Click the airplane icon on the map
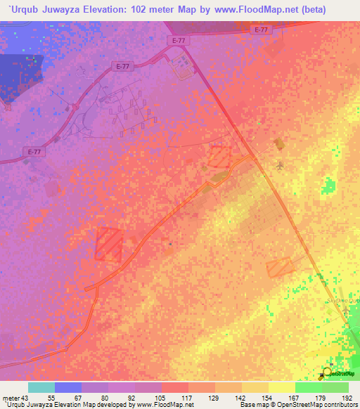pyautogui.click(x=281, y=166)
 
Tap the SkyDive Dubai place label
pyautogui.click(x=342, y=301)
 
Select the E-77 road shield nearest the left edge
pyautogui.click(x=33, y=152)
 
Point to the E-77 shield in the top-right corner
pyautogui.click(x=262, y=30)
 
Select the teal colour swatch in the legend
pyautogui.click(x=41, y=387)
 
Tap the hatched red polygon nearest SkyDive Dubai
pyautogui.click(x=279, y=266)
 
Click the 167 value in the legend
pyautogui.click(x=282, y=397)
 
